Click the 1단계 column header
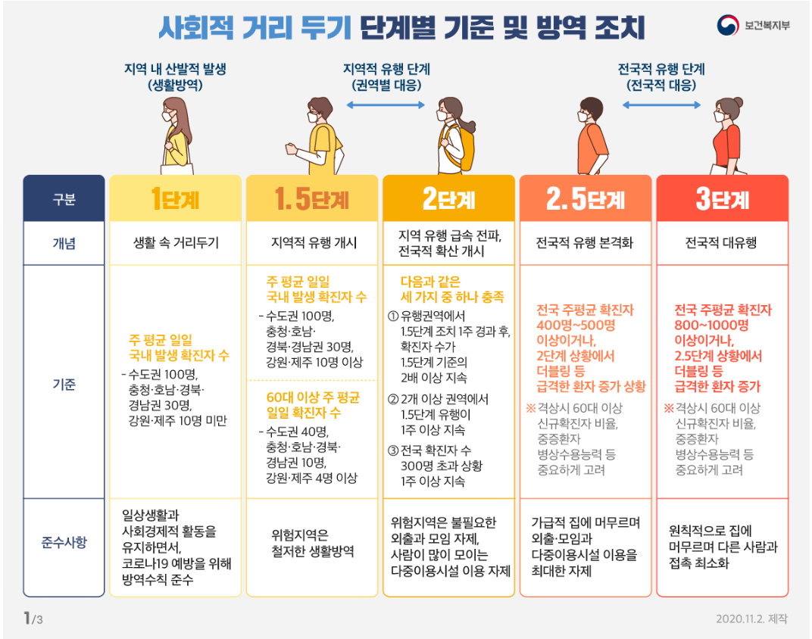coord(176,199)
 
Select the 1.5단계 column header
coord(312,199)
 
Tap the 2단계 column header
coord(448,199)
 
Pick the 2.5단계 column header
coord(585,199)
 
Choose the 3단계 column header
coord(721,199)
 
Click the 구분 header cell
coord(64,199)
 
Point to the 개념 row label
coord(64,244)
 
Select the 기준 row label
coord(64,384)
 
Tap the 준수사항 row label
coord(64,542)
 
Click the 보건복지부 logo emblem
coord(728,25)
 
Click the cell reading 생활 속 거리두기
coord(176,244)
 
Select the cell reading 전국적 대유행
coord(721,244)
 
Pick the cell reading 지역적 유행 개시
coord(312,244)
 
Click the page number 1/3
coord(33,618)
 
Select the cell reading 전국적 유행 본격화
coord(585,244)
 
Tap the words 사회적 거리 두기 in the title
coord(255,28)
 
